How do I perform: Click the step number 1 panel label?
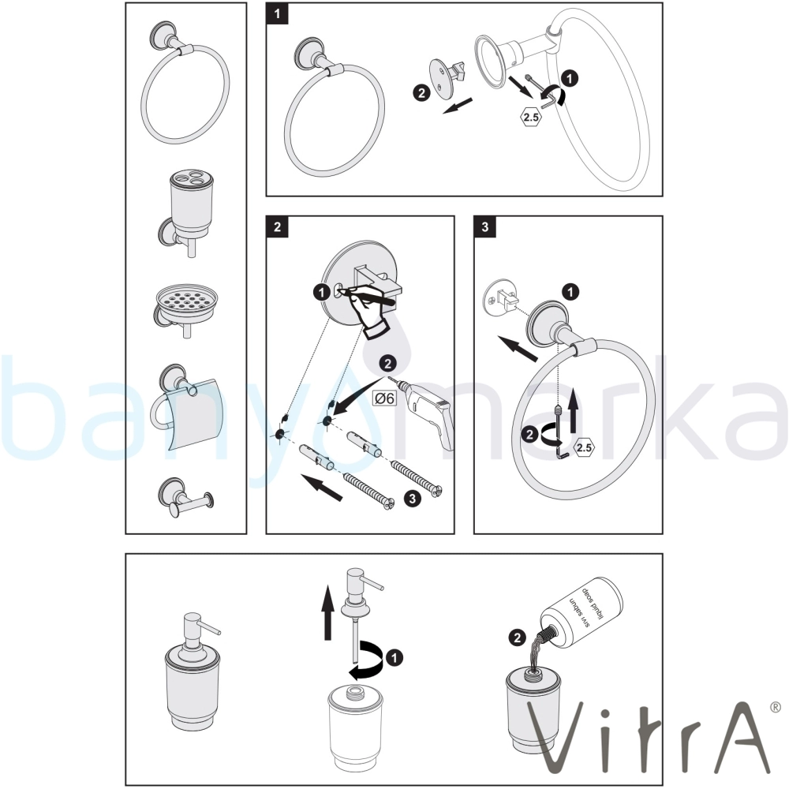click(277, 13)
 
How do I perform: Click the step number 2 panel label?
click(277, 227)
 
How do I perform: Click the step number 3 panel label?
click(485, 227)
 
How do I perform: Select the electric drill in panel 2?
click(428, 412)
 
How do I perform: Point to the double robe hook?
click(185, 498)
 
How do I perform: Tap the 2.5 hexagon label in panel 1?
click(531, 118)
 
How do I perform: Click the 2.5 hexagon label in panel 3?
click(584, 448)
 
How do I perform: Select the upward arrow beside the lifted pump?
click(328, 612)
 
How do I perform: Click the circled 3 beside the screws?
click(413, 499)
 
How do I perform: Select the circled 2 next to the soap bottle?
click(518, 638)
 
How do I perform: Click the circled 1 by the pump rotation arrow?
click(394, 657)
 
